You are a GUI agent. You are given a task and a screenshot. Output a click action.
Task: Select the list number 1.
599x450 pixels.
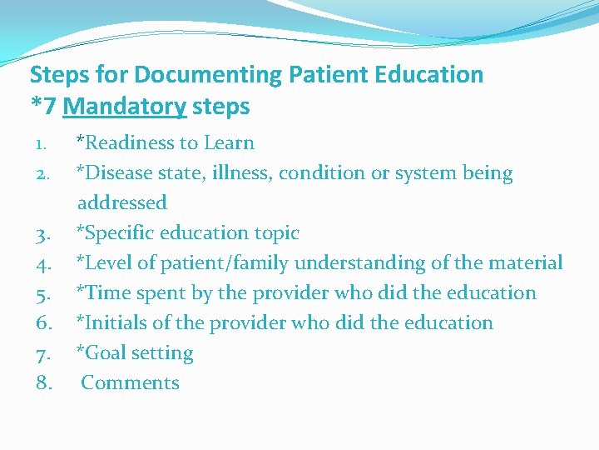[x=42, y=144]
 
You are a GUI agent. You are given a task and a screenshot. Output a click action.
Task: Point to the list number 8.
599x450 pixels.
[x=45, y=384]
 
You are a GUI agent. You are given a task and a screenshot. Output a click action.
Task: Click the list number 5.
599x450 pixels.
[x=45, y=294]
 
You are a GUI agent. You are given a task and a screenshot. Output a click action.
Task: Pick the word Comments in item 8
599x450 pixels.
[x=130, y=383]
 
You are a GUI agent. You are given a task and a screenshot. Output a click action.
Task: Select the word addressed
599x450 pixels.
[x=122, y=202]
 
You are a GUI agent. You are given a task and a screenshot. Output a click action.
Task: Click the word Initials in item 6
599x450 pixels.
[x=111, y=323]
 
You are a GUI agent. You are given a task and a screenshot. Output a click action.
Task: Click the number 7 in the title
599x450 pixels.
[x=49, y=107]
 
